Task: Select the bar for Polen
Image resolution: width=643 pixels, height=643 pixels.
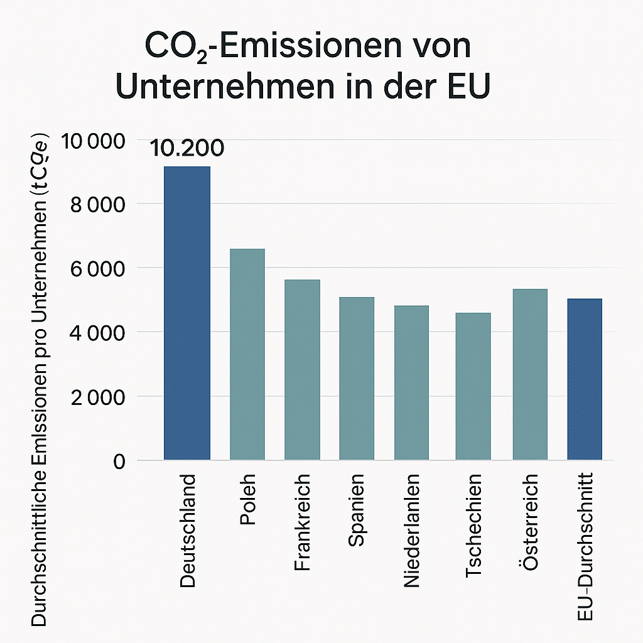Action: pos(247,354)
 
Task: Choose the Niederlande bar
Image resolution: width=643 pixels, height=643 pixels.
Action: pos(411,382)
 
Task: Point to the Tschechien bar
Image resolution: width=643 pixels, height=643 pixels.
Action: pos(473,386)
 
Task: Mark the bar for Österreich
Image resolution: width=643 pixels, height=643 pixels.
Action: pos(530,374)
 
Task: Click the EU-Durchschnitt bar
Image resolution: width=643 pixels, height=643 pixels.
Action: pos(585,379)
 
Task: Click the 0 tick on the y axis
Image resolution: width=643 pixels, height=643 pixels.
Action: pos(119,462)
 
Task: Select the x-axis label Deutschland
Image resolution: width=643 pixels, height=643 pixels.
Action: pos(188,531)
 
